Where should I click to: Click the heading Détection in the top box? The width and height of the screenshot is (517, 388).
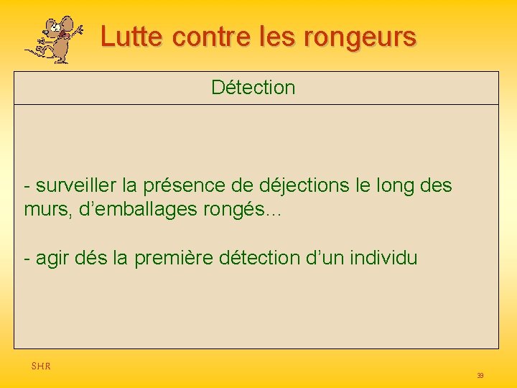click(253, 88)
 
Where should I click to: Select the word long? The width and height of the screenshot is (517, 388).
click(395, 186)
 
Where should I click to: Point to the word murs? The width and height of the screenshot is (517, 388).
click(42, 211)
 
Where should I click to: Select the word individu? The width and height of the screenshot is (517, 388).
click(384, 258)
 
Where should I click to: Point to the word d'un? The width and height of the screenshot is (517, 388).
click(328, 258)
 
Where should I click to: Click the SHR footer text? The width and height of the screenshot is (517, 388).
click(41, 366)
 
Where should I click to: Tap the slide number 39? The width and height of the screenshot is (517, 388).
click(480, 376)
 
